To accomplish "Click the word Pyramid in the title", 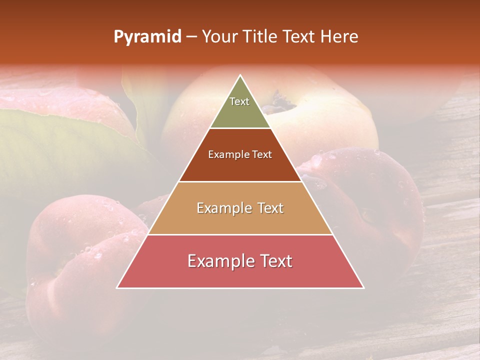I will tap(147, 37).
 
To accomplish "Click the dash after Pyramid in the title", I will tap(191, 37).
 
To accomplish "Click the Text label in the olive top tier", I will tap(239, 101).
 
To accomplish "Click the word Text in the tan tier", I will tap(270, 208).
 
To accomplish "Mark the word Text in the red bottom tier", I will tap(275, 261).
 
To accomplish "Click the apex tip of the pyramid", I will tap(240, 75).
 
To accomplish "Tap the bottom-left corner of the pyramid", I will tap(117, 287).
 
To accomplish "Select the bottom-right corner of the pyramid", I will tap(363, 287).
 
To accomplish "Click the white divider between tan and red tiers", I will tap(240, 234).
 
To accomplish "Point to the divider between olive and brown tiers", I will tap(240, 128).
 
